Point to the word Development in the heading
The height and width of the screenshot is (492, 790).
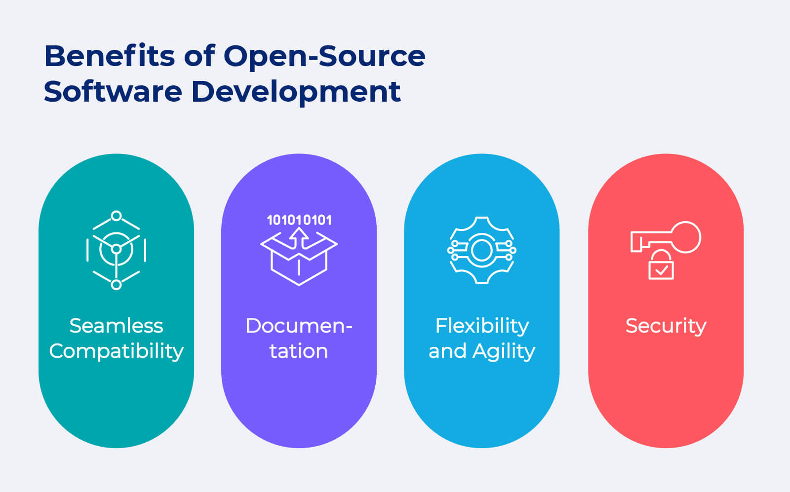[296, 91]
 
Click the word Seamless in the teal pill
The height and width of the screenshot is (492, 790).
[116, 326]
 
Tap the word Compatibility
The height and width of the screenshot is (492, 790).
[116, 351]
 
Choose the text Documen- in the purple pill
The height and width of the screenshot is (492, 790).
[299, 326]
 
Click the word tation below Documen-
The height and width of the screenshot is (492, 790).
[299, 351]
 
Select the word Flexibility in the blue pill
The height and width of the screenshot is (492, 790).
[482, 326]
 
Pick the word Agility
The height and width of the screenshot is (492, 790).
[504, 351]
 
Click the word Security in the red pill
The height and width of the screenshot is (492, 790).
[666, 326]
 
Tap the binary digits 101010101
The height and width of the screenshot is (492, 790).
[299, 220]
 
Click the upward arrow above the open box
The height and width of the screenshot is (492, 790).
[299, 237]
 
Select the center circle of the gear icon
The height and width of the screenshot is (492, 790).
[482, 250]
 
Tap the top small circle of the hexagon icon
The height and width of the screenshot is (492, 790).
[116, 216]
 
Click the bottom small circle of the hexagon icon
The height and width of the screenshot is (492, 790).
[116, 285]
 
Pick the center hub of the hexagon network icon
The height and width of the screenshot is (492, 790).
[116, 249]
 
